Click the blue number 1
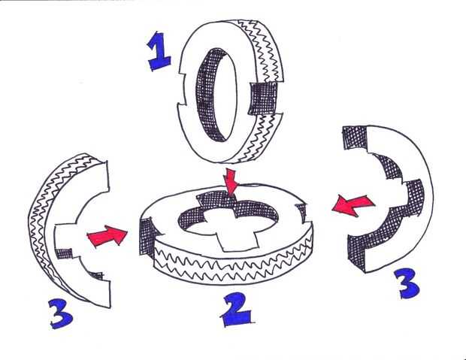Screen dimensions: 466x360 pos(159,52)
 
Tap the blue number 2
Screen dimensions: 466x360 pos(237,309)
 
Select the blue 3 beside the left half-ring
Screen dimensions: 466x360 pos(61,313)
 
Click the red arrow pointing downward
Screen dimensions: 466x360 pos(231,182)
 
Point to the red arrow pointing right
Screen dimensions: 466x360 pos(107,235)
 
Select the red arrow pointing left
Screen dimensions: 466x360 pos(353,205)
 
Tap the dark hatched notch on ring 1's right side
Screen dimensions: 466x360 pos(263,98)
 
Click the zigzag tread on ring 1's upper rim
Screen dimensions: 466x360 pos(262,50)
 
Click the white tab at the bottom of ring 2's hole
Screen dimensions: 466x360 pos(237,240)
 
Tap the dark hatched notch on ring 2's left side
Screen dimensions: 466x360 pos(147,236)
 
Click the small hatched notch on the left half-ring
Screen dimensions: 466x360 pos(64,253)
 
